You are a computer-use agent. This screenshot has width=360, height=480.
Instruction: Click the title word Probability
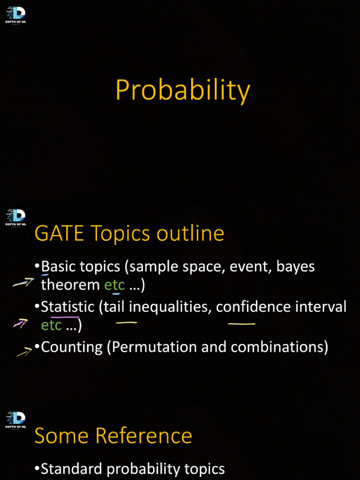tap(182, 90)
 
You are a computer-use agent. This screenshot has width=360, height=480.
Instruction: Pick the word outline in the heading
tap(190, 233)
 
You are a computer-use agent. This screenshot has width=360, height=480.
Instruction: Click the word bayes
tap(295, 267)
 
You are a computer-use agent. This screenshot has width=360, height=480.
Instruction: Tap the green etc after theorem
tap(114, 285)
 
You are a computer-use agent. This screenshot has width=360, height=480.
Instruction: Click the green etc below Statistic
tap(52, 325)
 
